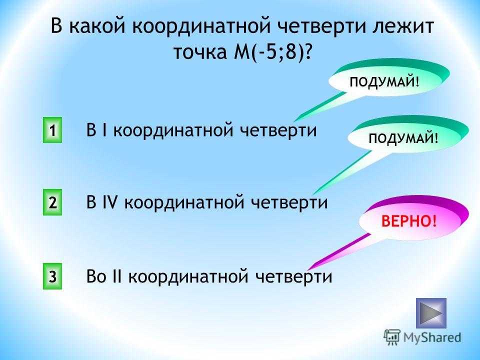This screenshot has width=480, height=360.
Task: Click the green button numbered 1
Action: tap(52, 130)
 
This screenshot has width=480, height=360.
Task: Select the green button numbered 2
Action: tap(52, 202)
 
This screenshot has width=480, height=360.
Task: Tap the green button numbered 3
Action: tap(52, 276)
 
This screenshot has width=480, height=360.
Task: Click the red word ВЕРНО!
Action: tap(409, 220)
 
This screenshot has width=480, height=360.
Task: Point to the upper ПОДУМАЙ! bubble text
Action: tap(384, 81)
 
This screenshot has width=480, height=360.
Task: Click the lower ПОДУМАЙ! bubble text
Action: tap(403, 138)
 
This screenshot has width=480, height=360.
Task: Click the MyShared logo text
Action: tap(432, 337)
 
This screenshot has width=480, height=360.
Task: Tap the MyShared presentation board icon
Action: tap(392, 337)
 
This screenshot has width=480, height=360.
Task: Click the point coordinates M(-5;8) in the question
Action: tap(272, 52)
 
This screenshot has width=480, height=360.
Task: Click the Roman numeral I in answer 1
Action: tap(104, 130)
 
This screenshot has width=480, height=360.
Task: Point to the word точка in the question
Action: tap(200, 52)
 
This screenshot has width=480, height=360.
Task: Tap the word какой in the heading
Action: tap(97, 25)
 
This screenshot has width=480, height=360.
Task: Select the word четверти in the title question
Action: tap(321, 25)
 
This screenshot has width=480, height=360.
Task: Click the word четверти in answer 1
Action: tap(278, 130)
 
